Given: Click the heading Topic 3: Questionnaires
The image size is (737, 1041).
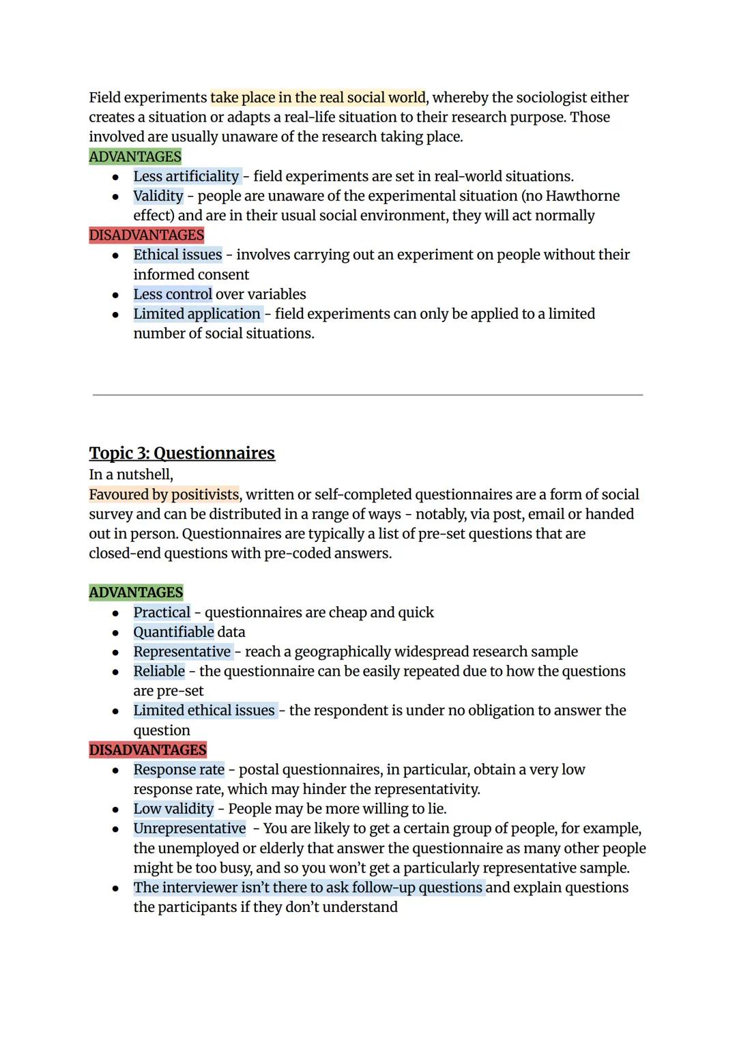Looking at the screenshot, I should click(182, 453).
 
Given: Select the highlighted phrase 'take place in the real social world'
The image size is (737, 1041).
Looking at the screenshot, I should click(318, 98).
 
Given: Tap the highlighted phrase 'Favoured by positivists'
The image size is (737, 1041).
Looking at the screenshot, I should click(164, 494).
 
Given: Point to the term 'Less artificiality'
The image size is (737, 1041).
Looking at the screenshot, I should click(186, 176).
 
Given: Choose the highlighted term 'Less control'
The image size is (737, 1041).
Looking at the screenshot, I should click(173, 294).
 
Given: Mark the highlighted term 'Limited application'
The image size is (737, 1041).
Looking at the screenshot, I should click(197, 314).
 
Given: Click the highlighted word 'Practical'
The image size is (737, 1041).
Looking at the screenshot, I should click(162, 612).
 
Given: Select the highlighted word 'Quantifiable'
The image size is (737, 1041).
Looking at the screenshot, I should click(173, 632).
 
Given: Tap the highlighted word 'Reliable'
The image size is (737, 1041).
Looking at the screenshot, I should click(159, 671).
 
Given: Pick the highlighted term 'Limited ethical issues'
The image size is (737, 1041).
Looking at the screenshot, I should click(204, 711).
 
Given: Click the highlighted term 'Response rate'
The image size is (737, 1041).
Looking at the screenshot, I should click(179, 769).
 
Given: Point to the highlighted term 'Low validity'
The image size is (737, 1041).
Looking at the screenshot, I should click(173, 809).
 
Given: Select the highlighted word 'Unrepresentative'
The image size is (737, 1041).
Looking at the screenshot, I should click(190, 829).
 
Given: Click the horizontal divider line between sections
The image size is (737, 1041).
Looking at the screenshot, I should click(368, 395).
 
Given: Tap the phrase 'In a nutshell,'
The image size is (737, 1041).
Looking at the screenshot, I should click(131, 474).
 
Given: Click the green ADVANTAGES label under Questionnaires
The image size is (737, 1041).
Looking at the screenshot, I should click(136, 593).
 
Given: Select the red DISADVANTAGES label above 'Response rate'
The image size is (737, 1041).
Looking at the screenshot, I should click(147, 750).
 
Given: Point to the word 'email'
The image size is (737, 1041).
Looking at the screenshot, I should click(491, 514).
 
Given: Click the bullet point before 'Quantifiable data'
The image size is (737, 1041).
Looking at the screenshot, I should click(116, 633).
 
